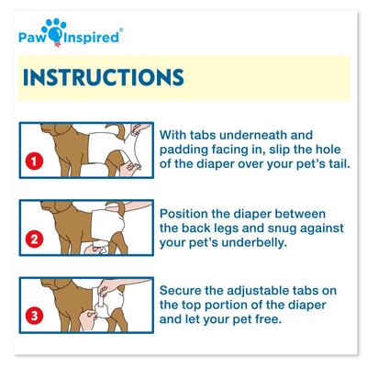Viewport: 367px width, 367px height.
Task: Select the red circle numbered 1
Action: pyautogui.click(x=35, y=162)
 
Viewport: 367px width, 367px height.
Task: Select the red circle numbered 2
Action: pyautogui.click(x=35, y=243)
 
